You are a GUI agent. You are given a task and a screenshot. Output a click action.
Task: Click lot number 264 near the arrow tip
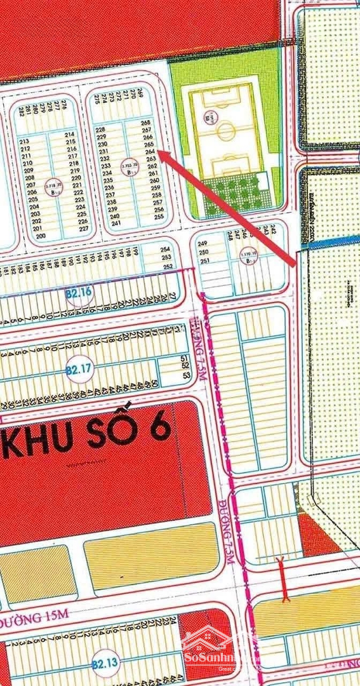click(150, 152)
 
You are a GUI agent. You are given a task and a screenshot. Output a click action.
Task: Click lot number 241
click(115, 223)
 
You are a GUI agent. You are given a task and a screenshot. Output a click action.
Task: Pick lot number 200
click(41, 236)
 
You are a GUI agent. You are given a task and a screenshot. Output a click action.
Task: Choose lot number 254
click(166, 250)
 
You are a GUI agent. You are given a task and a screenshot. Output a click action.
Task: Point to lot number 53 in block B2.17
click(186, 375)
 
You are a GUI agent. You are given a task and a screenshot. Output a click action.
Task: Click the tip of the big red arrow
click(158, 152)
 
